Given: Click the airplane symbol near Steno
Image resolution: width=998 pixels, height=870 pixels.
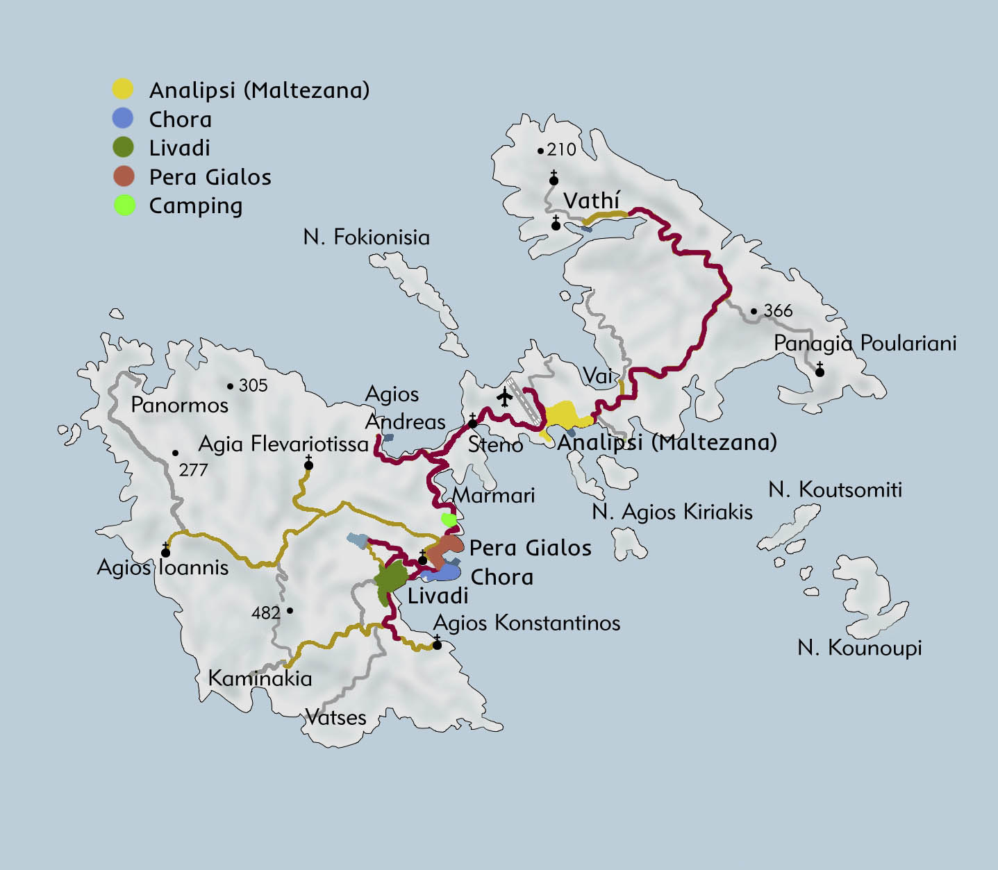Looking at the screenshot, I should coord(505,397).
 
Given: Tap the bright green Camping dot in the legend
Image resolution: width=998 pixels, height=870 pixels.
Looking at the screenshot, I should coord(124,206).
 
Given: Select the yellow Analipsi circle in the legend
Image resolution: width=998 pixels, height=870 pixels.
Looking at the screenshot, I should coord(123,89).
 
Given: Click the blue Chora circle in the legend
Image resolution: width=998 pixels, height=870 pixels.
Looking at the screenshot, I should coord(123,118).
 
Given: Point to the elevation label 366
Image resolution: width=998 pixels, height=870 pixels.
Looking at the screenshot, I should coord(777,310).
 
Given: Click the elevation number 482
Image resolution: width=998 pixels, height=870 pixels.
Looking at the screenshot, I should coord(266,612).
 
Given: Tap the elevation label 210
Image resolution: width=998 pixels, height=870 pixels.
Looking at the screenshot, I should coord(561,149).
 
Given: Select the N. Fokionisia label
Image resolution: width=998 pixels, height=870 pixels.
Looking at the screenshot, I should coord(366,237).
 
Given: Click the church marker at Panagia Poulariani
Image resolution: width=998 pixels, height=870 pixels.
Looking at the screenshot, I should coord(820,371).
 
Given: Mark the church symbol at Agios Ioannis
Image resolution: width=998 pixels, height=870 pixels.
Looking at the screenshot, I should coord(165,551).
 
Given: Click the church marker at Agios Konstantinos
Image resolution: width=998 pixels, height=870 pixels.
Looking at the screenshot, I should coord(437,644).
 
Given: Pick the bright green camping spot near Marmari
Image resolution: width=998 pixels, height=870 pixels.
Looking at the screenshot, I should coord(449,519).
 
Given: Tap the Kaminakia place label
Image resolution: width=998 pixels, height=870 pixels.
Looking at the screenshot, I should coord(260,678).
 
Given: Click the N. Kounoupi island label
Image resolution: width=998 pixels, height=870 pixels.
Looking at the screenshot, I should coord(859,648).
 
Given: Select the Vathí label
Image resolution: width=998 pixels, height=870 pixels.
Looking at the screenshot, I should coord(591,201).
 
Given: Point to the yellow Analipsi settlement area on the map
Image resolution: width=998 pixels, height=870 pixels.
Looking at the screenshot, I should coord(566,415).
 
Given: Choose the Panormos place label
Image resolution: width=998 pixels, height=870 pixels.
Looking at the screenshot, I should coord(179,405).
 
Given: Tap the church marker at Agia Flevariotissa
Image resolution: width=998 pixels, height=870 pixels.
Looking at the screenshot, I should coord(308,464).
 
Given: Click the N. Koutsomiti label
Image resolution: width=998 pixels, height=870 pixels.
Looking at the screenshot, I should coord(835,490).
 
